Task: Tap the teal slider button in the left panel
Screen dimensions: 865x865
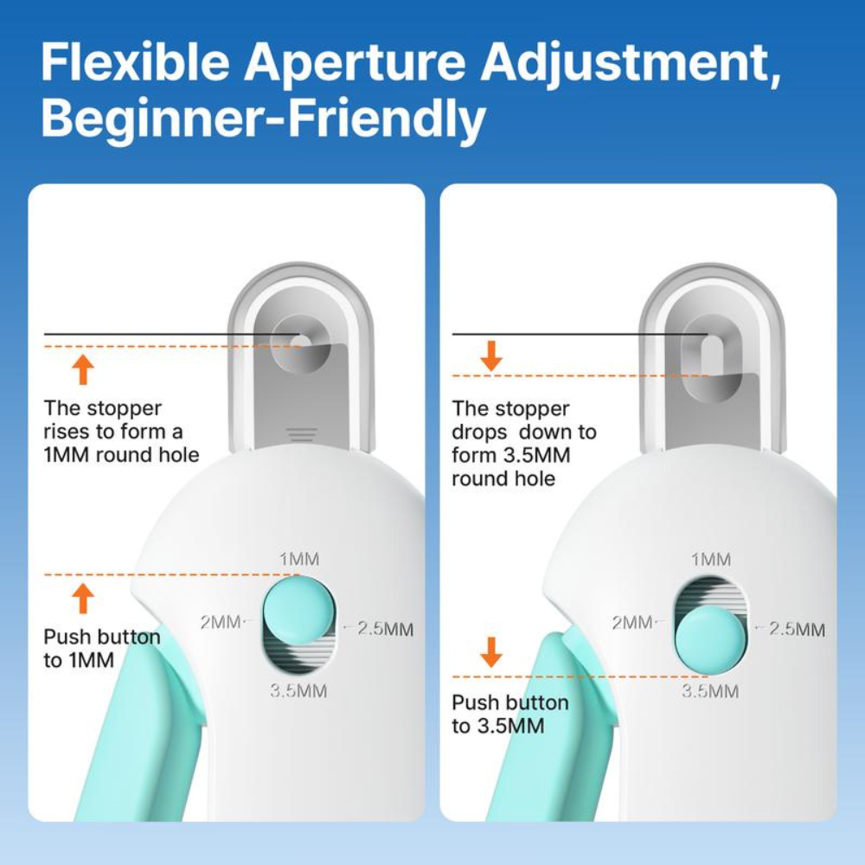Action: pos(292,610)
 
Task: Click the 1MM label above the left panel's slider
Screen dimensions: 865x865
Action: pos(299,559)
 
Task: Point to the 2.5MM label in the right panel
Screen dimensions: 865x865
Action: pos(796,629)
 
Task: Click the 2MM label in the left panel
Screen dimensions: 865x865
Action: pos(221,622)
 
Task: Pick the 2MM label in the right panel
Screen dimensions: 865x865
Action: pos(631,622)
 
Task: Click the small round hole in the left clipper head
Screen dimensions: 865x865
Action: pos(297,340)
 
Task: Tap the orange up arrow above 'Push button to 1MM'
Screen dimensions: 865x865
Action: pos(83,598)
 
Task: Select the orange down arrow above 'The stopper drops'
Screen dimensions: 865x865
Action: pos(491,356)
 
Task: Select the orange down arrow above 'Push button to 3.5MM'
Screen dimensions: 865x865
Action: pos(491,651)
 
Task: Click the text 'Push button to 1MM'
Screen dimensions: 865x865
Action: pos(101,649)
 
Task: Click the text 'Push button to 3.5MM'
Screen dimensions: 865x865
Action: pos(509,714)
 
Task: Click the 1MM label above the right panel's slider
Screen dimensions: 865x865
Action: pos(711,560)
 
